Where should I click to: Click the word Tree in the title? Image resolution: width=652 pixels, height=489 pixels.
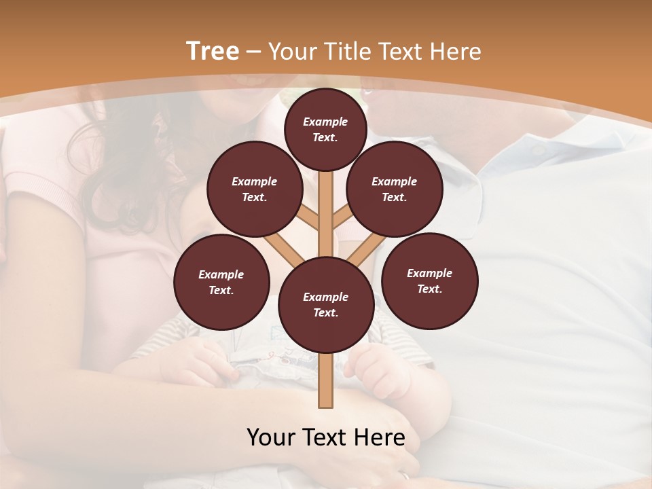tap(213, 52)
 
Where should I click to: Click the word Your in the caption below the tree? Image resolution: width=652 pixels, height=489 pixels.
tap(271, 437)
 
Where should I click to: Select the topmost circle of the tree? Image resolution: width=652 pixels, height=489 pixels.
tap(325, 129)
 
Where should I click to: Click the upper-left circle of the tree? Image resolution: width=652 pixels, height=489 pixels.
tap(255, 189)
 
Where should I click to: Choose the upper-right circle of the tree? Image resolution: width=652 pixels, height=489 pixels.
tap(395, 189)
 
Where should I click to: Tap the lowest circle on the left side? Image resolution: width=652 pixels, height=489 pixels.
tap(221, 282)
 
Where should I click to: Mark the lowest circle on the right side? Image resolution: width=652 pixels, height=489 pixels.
tap(429, 280)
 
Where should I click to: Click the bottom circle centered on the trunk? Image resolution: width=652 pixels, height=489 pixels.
tap(325, 304)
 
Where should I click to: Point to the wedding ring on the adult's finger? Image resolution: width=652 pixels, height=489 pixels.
tap(405, 476)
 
